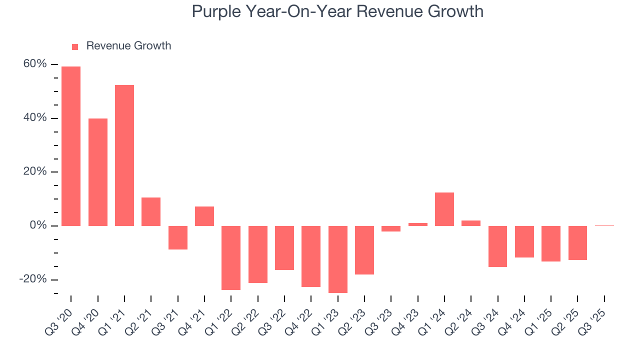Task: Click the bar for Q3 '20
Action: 71,146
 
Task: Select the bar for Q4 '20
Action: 98,172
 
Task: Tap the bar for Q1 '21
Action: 124,155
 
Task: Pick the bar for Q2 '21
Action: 151,211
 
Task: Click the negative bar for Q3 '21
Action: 178,237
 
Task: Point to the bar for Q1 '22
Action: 231,257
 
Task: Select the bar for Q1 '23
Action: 338,259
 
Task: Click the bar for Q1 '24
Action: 444,209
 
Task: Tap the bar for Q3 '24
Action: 498,246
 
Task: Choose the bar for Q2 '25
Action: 577,242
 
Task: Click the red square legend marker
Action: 75,46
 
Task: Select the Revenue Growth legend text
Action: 128,46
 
